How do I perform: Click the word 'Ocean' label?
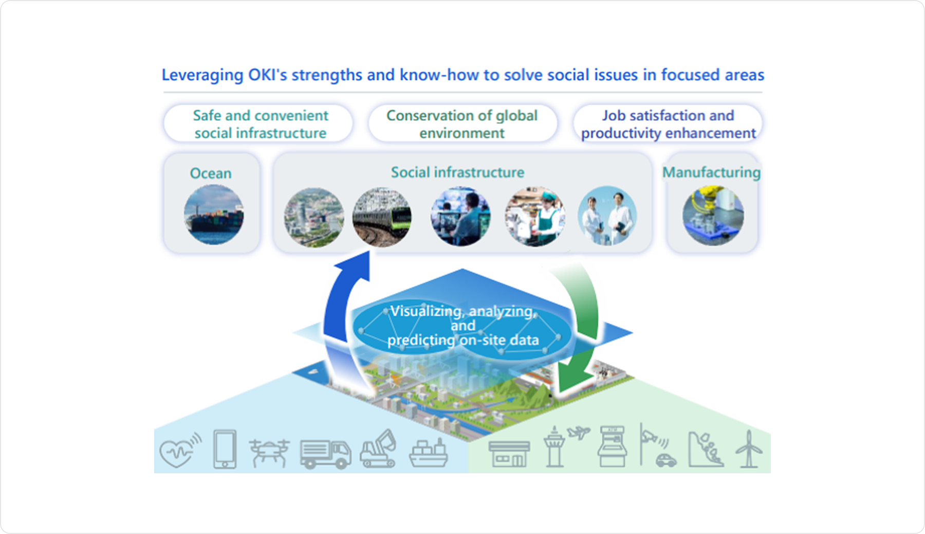pyautogui.click(x=211, y=173)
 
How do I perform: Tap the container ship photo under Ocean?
pyautogui.click(x=214, y=215)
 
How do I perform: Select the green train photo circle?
pyautogui.click(x=382, y=217)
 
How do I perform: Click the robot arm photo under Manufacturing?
pyautogui.click(x=713, y=216)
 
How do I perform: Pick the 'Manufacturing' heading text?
pyautogui.click(x=712, y=172)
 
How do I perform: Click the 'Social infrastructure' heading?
pyautogui.click(x=457, y=172)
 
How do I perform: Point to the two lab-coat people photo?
pyautogui.click(x=607, y=216)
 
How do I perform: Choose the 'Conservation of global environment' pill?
pyautogui.click(x=462, y=124)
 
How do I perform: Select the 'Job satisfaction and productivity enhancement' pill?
pyautogui.click(x=668, y=124)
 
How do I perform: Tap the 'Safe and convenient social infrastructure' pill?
pyautogui.click(x=258, y=124)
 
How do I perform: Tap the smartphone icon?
pyautogui.click(x=225, y=449)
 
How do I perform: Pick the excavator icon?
pyautogui.click(x=379, y=449)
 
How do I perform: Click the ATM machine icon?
pyautogui.click(x=612, y=446)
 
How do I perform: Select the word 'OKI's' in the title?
pyautogui.click(x=268, y=75)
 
